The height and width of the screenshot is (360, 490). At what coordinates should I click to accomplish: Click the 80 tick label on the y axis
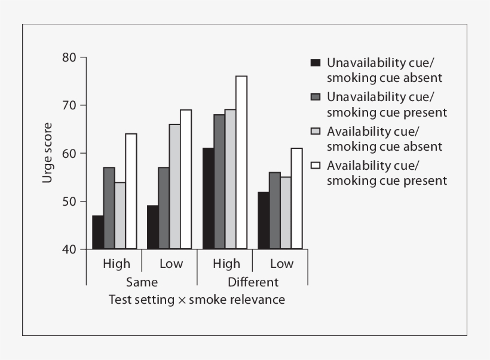click(69, 57)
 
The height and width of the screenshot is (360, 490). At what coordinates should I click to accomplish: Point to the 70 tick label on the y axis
click(69, 105)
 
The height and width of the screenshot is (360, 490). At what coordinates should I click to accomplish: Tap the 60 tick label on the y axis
click(69, 153)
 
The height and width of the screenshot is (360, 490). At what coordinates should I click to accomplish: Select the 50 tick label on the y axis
click(69, 202)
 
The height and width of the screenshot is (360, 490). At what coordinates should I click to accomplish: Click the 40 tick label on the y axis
click(69, 249)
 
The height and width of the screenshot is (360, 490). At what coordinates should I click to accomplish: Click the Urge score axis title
click(47, 153)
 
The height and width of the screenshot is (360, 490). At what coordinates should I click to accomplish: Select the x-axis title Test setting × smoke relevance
click(197, 299)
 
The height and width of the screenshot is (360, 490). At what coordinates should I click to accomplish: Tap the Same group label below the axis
click(142, 282)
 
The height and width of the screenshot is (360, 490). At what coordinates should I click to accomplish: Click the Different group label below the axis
click(253, 282)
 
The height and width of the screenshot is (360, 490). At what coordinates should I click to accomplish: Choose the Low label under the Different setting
click(281, 264)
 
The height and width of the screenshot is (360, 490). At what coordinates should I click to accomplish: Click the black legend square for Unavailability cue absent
click(316, 63)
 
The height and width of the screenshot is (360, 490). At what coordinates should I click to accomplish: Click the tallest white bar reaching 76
click(241, 162)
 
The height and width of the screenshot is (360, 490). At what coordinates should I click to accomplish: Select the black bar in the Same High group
click(98, 232)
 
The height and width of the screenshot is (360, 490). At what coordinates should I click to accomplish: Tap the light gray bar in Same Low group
click(174, 187)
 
